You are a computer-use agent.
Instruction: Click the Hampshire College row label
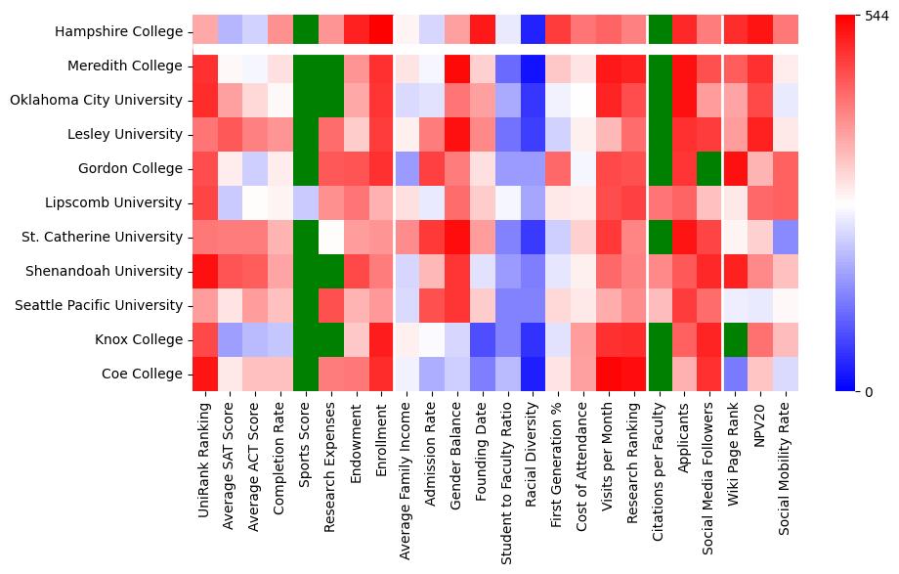pos(118,32)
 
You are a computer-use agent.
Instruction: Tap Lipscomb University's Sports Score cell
pos(306,203)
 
